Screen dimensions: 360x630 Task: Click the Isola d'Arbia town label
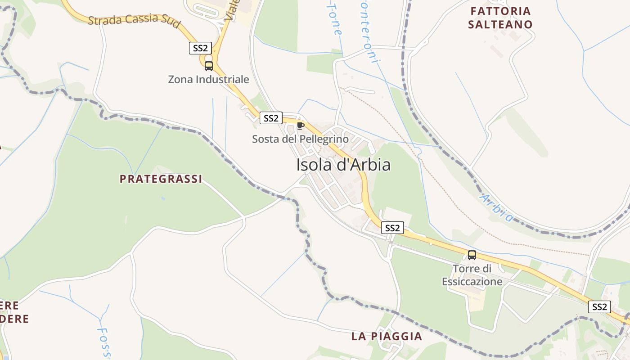[343, 165]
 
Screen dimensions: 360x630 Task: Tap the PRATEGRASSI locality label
[161, 179]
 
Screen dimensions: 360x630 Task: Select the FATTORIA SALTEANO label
[500, 18]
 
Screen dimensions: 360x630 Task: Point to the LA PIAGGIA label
[387, 336]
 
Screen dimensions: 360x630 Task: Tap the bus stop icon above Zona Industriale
[208, 66]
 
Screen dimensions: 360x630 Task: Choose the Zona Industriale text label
[208, 80]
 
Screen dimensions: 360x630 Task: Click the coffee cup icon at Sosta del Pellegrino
[301, 126]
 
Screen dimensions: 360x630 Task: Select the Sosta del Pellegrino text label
[300, 139]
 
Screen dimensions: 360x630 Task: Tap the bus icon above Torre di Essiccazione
[472, 255]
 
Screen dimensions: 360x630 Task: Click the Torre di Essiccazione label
[472, 275]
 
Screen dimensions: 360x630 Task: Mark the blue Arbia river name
[496, 207]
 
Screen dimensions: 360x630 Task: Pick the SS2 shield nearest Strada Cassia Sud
[200, 48]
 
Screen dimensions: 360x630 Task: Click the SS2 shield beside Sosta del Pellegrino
[271, 118]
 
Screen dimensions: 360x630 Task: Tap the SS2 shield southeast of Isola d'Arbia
[392, 228]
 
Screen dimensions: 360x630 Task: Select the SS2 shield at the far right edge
[599, 307]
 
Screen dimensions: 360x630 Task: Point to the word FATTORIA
[500, 11]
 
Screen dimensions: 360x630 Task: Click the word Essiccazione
[472, 282]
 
